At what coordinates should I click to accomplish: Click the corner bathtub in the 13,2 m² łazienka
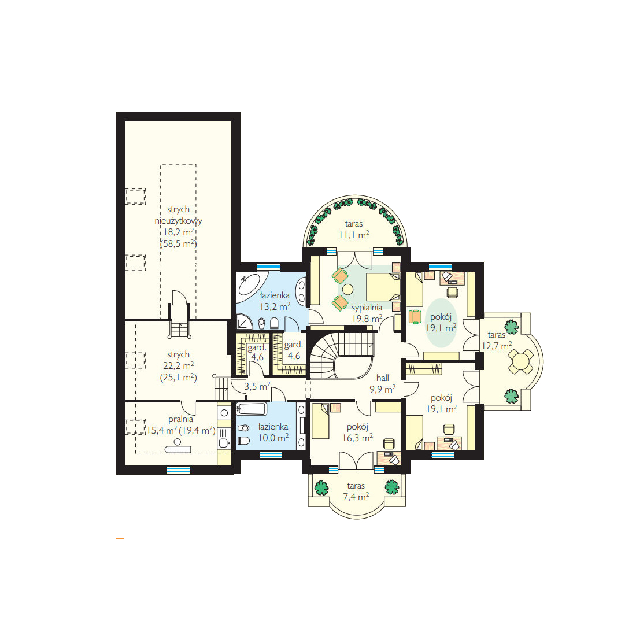251,286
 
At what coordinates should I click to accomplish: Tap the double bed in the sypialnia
383,287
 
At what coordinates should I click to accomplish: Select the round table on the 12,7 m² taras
520,361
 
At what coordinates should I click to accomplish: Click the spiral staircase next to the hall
342,356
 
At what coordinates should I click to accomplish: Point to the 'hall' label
383,378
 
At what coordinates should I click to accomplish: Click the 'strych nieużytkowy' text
179,215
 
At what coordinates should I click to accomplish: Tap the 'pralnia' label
181,419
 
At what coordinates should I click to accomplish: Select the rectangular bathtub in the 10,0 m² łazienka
252,409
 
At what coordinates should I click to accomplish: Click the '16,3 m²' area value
358,438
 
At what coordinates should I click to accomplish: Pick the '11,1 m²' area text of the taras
354,235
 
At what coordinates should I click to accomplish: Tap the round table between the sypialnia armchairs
347,289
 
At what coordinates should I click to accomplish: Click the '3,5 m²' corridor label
257,387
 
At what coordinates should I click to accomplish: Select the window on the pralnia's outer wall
179,469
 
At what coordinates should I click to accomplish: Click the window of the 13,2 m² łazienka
269,267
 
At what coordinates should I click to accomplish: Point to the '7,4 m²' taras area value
356,497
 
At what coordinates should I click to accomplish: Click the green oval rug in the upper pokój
441,323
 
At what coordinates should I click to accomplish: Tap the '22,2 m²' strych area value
179,366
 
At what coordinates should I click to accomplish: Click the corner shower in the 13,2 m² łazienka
245,323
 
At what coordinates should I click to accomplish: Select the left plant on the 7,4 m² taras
321,487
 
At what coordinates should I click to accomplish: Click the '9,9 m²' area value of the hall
383,389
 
